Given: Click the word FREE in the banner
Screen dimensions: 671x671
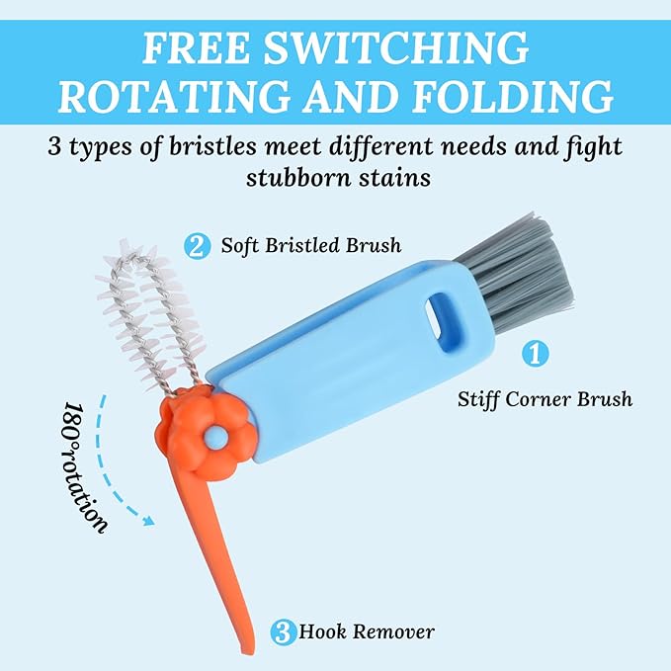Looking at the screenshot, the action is pyautogui.click(x=196, y=47).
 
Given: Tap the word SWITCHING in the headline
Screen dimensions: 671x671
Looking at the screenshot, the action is pyautogui.click(x=396, y=47).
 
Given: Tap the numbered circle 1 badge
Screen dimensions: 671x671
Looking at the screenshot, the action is pyautogui.click(x=535, y=353).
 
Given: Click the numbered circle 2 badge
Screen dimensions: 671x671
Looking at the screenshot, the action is pyautogui.click(x=198, y=247).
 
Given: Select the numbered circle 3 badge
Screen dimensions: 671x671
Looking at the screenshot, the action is pyautogui.click(x=283, y=632).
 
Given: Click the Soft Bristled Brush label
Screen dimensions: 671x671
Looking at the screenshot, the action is pyautogui.click(x=311, y=246).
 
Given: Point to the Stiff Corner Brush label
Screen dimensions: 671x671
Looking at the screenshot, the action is pyautogui.click(x=545, y=399).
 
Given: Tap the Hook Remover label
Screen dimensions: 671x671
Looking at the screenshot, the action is pyautogui.click(x=367, y=632).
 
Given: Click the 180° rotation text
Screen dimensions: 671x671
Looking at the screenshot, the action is pyautogui.click(x=84, y=467).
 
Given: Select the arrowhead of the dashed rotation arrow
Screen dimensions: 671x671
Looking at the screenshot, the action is pyautogui.click(x=149, y=521).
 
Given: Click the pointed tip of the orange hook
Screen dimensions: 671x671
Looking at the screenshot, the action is pyautogui.click(x=252, y=648).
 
